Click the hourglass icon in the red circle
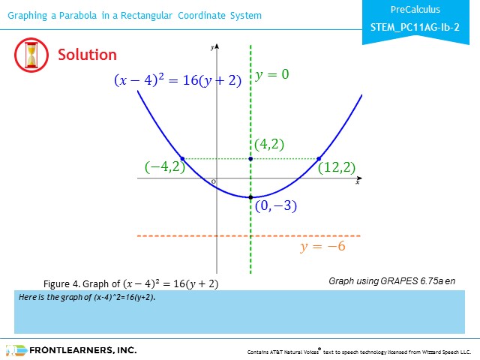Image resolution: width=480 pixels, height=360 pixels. pyautogui.click(x=31, y=55)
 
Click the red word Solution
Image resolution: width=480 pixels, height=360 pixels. pyautogui.click(x=87, y=55)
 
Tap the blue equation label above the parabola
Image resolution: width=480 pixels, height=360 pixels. pyautogui.click(x=178, y=80)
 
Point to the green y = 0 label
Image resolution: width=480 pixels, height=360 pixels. pyautogui.click(x=272, y=74)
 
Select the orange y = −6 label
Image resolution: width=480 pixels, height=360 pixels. pyautogui.click(x=322, y=246)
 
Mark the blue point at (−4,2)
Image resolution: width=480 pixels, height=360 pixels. pyautogui.click(x=182, y=159)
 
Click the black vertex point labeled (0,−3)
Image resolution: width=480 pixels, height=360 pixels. pyautogui.click(x=250, y=197)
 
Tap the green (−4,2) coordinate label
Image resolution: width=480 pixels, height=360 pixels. pyautogui.click(x=165, y=167)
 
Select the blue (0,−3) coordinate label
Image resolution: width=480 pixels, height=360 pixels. pyautogui.click(x=276, y=205)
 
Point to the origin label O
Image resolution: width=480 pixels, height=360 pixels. pyautogui.click(x=213, y=181)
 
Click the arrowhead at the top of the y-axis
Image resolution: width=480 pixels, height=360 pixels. pyautogui.click(x=217, y=46)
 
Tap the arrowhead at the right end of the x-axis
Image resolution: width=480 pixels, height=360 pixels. pyautogui.click(x=360, y=178)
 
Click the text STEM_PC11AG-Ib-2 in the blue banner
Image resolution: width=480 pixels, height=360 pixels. pyautogui.click(x=415, y=27)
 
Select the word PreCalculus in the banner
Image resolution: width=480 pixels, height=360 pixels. pyautogui.click(x=415, y=10)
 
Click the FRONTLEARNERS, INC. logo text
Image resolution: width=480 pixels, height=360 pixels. pyautogui.click(x=83, y=350)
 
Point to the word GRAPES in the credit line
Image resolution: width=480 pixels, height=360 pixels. pyautogui.click(x=399, y=281)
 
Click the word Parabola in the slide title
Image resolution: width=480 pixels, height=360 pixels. pyautogui.click(x=78, y=15)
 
